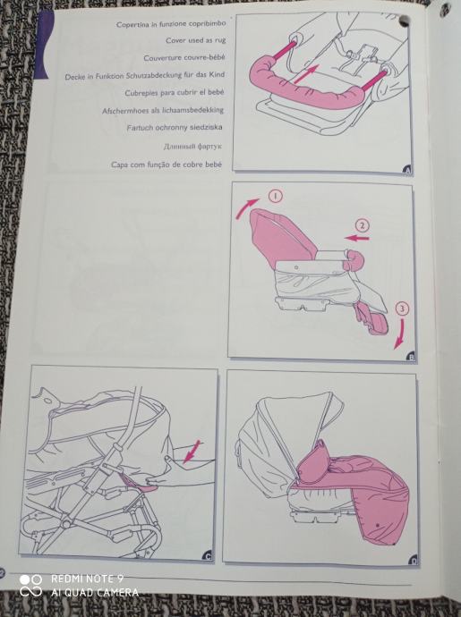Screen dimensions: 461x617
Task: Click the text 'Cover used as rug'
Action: (195, 40)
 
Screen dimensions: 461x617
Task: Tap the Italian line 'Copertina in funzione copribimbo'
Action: (171, 24)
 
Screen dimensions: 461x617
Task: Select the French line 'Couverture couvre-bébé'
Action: (184, 58)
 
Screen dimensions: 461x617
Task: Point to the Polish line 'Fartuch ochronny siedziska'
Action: (175, 128)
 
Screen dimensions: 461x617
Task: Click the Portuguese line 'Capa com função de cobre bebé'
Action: (166, 165)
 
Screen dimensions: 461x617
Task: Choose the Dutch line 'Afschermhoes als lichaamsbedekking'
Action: (163, 111)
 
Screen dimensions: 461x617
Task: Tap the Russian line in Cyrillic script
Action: (192, 147)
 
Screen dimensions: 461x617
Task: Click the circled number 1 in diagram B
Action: (276, 196)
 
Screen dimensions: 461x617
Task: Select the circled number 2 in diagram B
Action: (363, 225)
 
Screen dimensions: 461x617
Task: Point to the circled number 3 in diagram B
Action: (402, 308)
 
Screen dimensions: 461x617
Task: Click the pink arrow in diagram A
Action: (306, 74)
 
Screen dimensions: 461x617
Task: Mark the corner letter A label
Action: (407, 171)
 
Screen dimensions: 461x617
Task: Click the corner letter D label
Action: (414, 562)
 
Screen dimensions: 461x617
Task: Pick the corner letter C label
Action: (208, 556)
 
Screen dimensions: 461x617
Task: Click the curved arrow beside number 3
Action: (401, 334)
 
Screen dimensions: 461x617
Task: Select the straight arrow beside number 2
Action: (356, 238)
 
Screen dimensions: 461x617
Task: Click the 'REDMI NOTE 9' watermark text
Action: (87, 579)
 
